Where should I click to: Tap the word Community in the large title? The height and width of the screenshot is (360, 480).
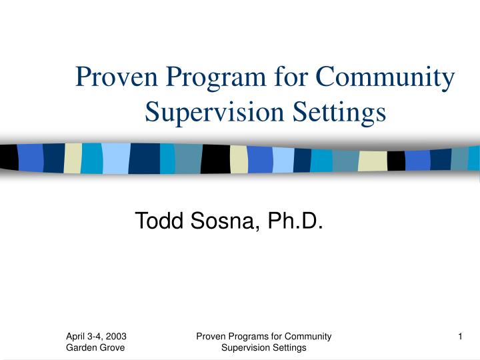pyautogui.click(x=385, y=79)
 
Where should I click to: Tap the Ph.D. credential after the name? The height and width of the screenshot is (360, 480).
pyautogui.click(x=295, y=219)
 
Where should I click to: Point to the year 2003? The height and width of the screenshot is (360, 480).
pyautogui.click(x=116, y=337)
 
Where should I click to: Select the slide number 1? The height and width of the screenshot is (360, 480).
pyautogui.click(x=461, y=337)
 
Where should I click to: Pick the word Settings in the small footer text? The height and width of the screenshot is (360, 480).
pyautogui.click(x=289, y=347)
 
